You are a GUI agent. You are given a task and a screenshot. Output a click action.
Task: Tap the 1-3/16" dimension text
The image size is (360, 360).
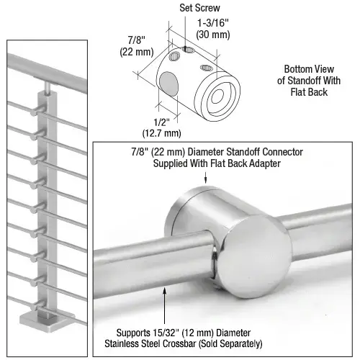214,23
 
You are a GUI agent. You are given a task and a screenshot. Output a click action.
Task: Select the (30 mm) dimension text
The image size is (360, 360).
215,34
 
